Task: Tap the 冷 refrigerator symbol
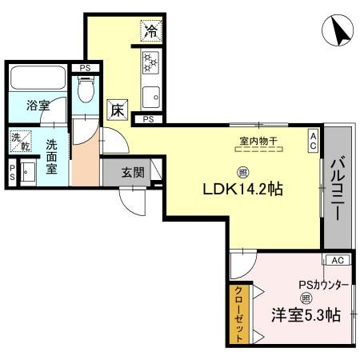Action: coord(151,32)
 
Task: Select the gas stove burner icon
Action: coord(150,62)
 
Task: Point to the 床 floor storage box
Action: coord(118,110)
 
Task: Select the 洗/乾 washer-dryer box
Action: coord(19,142)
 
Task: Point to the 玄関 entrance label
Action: coord(133,172)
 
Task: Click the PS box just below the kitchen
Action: coord(149,119)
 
